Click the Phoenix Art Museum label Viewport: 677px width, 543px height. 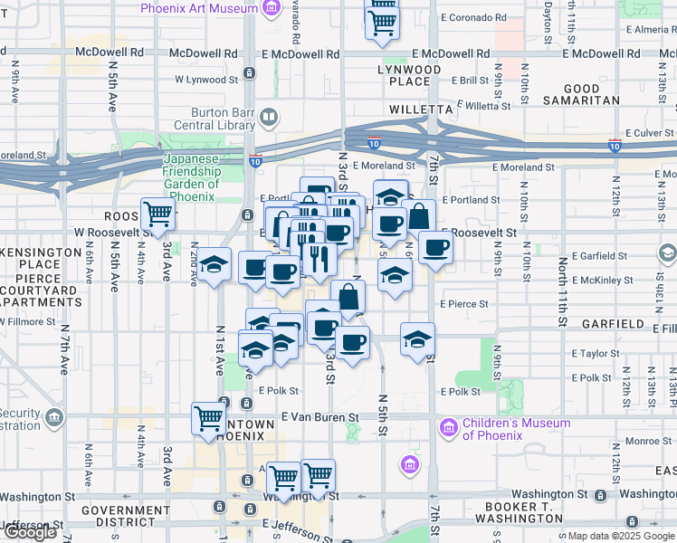coord(199,8)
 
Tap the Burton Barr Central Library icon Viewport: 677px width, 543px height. coord(269,117)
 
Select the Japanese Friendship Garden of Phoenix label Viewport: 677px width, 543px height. coord(190,177)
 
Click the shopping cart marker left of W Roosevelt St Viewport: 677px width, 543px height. coord(157,214)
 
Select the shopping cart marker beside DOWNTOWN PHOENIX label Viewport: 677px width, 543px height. coord(208,418)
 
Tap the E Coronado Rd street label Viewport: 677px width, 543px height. coord(472,17)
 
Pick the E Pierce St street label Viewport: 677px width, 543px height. coord(464,305)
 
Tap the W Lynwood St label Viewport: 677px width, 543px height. coord(206,80)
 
